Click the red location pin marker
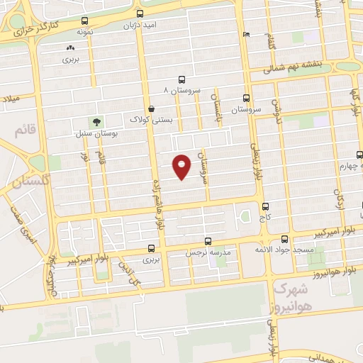click(182, 166)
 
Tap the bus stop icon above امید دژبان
click(140, 13)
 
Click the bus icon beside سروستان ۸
click(182, 80)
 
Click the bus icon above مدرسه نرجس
click(208, 241)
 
